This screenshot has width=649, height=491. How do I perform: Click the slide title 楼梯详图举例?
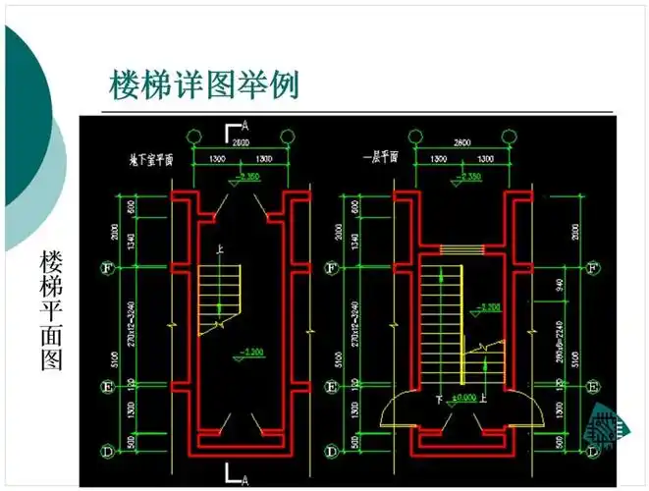pyautogui.click(x=203, y=84)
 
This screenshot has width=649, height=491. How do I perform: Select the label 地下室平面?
pyautogui.click(x=151, y=158)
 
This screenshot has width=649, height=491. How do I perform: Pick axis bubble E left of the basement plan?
pyautogui.click(x=110, y=386)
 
